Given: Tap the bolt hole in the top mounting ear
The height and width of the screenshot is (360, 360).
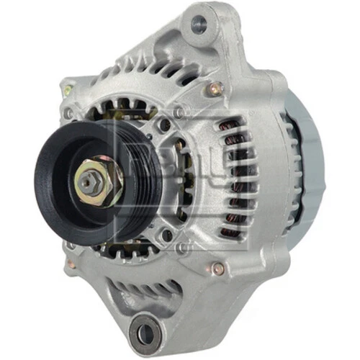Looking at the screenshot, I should (x=199, y=27).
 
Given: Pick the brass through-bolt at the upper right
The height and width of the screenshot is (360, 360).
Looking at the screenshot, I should (x=215, y=89).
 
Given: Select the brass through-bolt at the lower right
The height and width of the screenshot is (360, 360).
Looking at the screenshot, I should (x=217, y=269).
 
